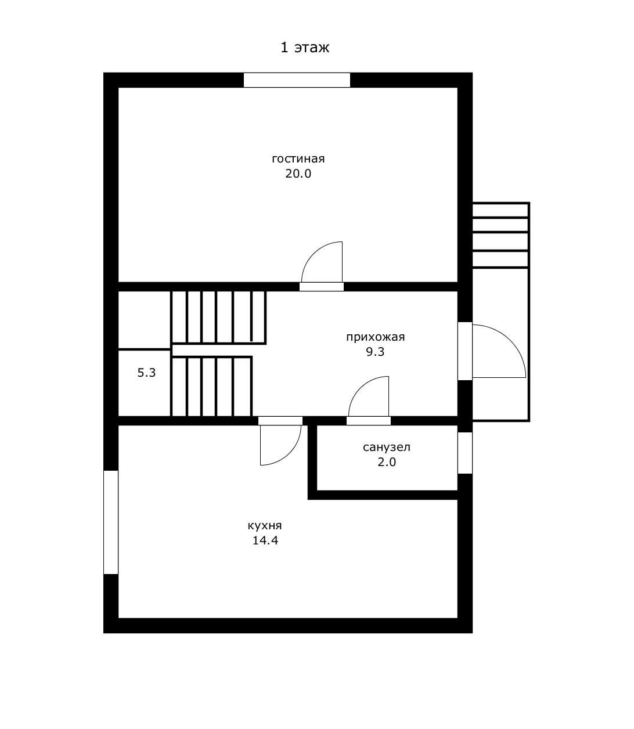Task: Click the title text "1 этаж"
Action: [305, 48]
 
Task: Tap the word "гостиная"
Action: [298, 158]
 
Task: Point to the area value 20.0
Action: [298, 174]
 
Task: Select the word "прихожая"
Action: [375, 337]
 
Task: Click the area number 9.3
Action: [375, 352]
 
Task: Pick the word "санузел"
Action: [387, 447]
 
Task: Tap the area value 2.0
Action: [387, 462]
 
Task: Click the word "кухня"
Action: [265, 525]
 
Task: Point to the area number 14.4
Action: [265, 540]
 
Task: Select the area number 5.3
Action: [146, 373]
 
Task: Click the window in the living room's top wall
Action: [297, 80]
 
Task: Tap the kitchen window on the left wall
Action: [111, 522]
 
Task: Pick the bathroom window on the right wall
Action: [465, 453]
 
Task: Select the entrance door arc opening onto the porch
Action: [510, 340]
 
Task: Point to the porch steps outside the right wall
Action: [500, 235]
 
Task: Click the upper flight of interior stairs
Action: [218, 317]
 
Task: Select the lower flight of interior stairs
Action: [212, 386]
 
